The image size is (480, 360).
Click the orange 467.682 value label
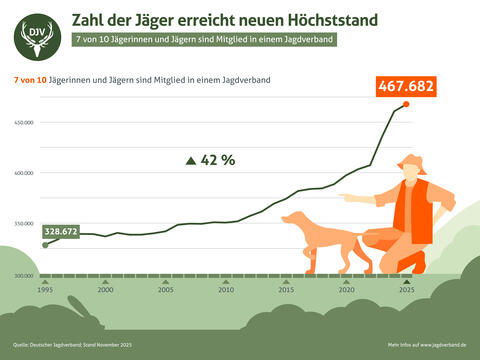[x=406, y=87]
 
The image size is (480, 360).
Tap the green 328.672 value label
[x=61, y=231]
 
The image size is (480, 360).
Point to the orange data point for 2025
[x=406, y=104]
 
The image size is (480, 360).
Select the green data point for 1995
[x=44, y=244]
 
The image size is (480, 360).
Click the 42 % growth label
[x=211, y=160]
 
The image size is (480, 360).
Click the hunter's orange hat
[x=411, y=164]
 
